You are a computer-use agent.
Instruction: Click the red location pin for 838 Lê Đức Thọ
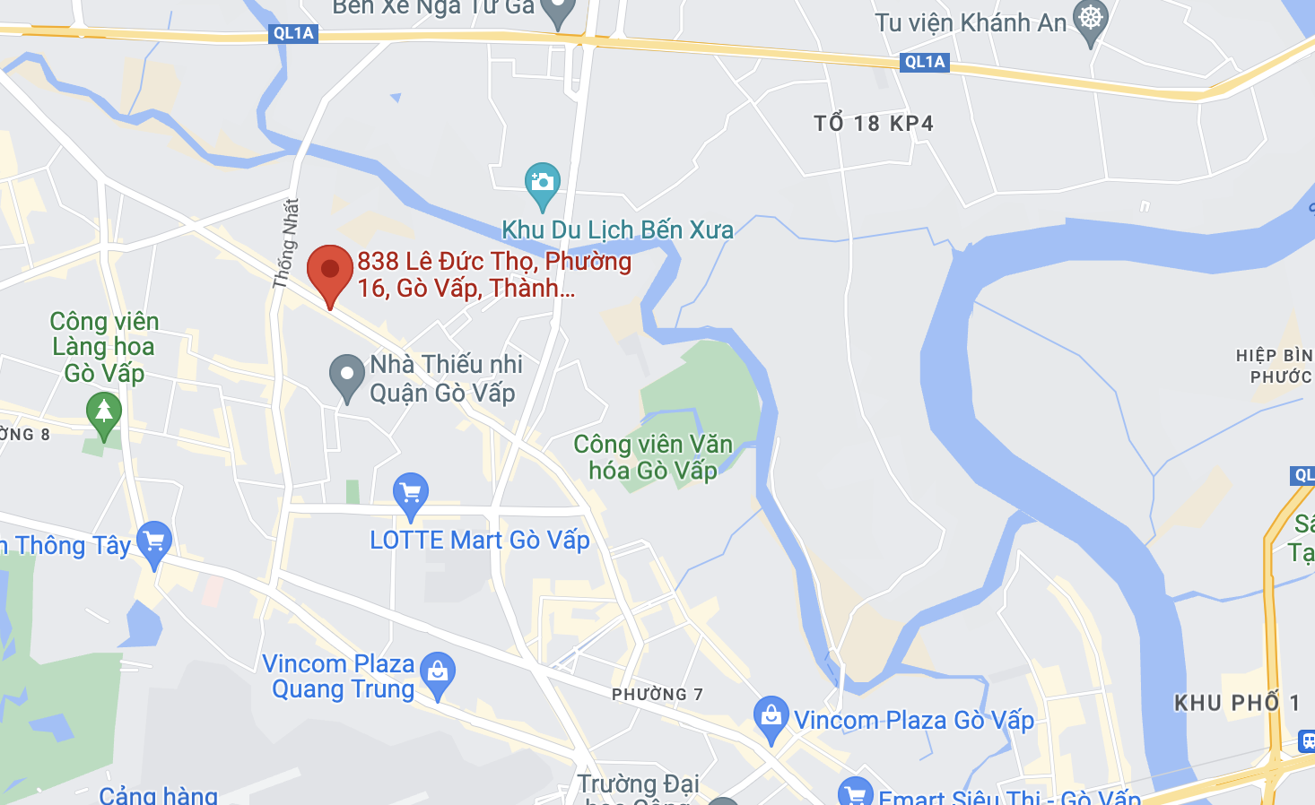(329, 270)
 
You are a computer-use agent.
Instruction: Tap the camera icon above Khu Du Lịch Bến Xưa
(542, 182)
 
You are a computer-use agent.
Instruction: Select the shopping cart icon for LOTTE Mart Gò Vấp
(411, 492)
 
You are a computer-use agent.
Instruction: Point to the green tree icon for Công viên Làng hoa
(104, 412)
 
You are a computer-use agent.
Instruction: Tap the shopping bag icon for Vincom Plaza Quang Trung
(438, 671)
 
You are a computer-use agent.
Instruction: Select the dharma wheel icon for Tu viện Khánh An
(1091, 19)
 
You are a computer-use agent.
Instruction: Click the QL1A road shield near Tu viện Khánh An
(925, 62)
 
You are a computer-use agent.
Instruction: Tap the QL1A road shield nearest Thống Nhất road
(293, 33)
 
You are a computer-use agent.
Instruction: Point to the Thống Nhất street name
(285, 244)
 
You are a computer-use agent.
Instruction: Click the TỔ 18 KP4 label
(873, 124)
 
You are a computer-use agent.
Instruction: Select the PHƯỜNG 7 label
(657, 695)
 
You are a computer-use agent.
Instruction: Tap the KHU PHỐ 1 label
(1237, 703)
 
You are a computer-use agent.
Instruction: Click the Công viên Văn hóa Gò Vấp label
(653, 457)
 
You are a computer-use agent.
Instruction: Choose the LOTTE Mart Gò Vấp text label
(480, 541)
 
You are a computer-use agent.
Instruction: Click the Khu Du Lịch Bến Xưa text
(617, 230)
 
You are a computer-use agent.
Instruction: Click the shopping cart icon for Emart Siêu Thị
(855, 792)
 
